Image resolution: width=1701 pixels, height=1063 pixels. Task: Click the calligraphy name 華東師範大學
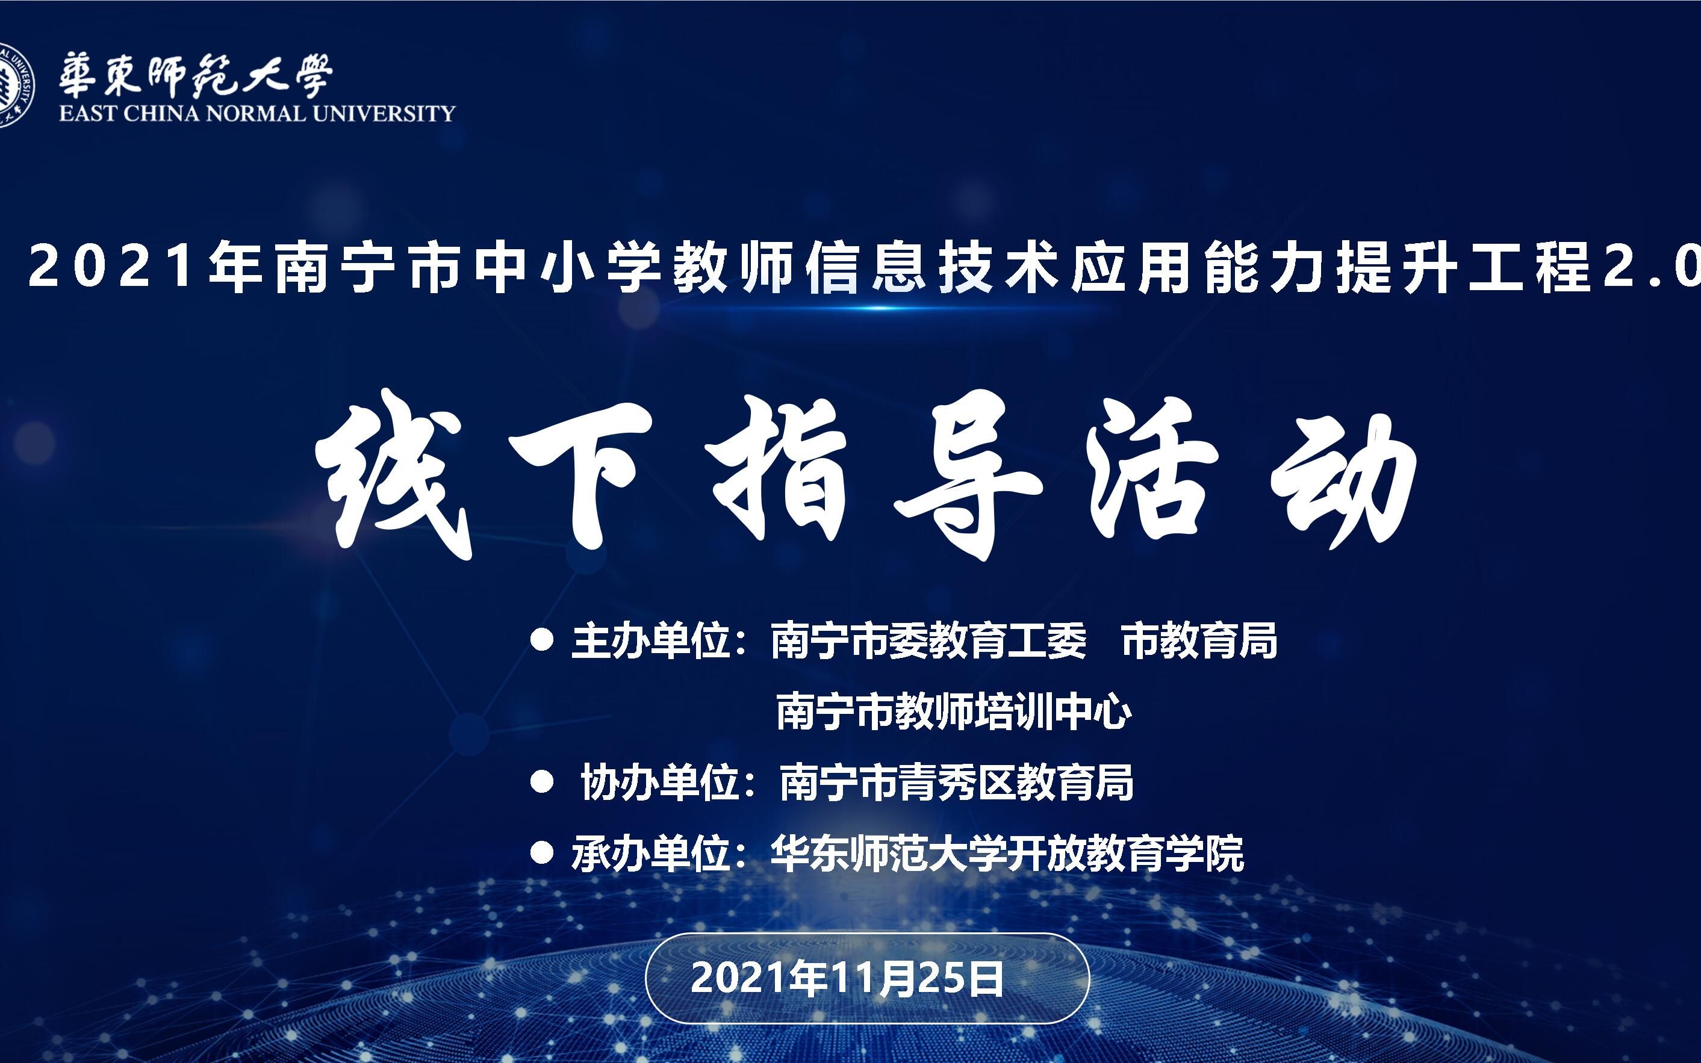click(196, 75)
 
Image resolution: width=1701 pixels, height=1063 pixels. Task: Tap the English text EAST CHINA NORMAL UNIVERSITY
click(257, 114)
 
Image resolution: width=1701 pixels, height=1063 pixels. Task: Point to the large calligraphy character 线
click(391, 474)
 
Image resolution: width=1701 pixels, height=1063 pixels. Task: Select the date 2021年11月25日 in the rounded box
click(847, 978)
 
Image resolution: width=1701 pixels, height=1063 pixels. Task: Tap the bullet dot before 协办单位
click(541, 783)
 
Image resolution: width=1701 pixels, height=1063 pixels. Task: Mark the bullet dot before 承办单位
click(541, 854)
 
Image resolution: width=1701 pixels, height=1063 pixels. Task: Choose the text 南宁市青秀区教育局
click(956, 783)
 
